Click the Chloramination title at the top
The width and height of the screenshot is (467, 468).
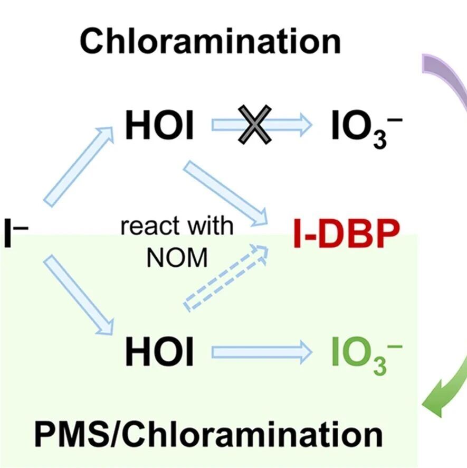tap(210, 41)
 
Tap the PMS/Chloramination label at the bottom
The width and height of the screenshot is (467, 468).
tap(209, 435)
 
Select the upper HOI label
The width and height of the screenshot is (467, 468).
tap(159, 125)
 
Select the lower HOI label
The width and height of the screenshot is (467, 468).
tap(159, 351)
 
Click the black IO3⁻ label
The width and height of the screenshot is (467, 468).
tap(367, 129)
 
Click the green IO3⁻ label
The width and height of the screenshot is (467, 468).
tap(367, 355)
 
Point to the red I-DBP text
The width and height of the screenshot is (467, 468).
tap(347, 233)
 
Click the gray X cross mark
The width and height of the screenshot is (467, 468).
tap(255, 125)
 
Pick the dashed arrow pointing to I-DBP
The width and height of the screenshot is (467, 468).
tap(226, 278)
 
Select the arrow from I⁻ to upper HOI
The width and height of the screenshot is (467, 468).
tap(79, 166)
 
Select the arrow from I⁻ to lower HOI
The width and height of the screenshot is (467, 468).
tap(79, 295)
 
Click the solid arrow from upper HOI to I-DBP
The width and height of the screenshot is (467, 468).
tap(225, 193)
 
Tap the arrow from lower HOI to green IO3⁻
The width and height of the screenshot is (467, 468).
tap(262, 352)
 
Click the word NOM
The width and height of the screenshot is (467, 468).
tap(177, 258)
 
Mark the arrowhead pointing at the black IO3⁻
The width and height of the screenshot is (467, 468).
tap(305, 125)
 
